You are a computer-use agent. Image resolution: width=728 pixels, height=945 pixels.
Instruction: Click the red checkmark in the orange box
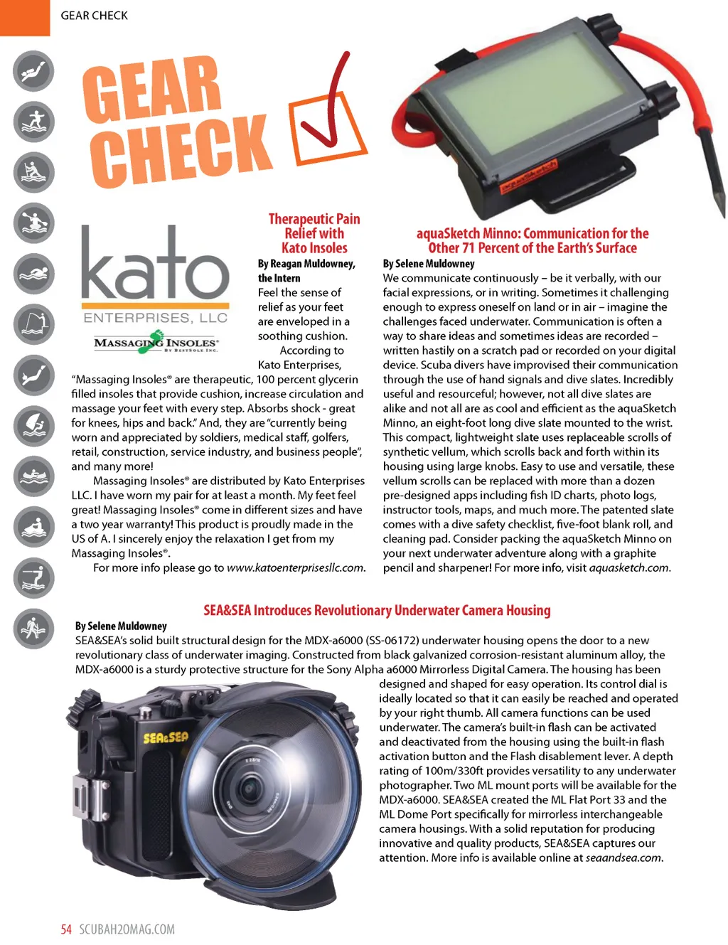pyautogui.click(x=329, y=114)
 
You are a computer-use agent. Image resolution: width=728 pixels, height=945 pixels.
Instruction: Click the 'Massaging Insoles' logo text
pyautogui.click(x=156, y=343)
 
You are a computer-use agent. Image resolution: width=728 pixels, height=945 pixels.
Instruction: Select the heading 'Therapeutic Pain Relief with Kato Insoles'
pyautogui.click(x=314, y=233)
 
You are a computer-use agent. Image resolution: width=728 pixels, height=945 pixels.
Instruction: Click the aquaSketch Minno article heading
pyautogui.click(x=532, y=240)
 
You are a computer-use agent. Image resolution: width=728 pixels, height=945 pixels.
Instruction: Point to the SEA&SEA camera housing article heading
pyautogui.click(x=377, y=610)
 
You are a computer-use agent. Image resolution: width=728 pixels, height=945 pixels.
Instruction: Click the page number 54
pyautogui.click(x=66, y=929)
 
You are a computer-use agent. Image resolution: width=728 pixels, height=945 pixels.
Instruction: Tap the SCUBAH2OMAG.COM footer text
pyautogui.click(x=127, y=929)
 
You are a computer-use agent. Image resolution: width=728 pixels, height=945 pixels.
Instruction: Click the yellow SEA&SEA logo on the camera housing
pyautogui.click(x=166, y=737)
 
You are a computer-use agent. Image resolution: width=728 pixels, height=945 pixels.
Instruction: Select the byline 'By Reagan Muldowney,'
pyautogui.click(x=306, y=264)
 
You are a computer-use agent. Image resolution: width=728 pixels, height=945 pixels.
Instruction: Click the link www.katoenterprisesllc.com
pyautogui.click(x=296, y=567)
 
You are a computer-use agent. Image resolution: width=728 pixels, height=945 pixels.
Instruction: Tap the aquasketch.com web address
pyautogui.click(x=629, y=567)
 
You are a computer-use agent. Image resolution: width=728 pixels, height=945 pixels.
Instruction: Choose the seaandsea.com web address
pyautogui.click(x=623, y=858)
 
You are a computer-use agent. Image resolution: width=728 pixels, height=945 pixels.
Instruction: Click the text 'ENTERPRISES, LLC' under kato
pyautogui.click(x=156, y=318)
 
